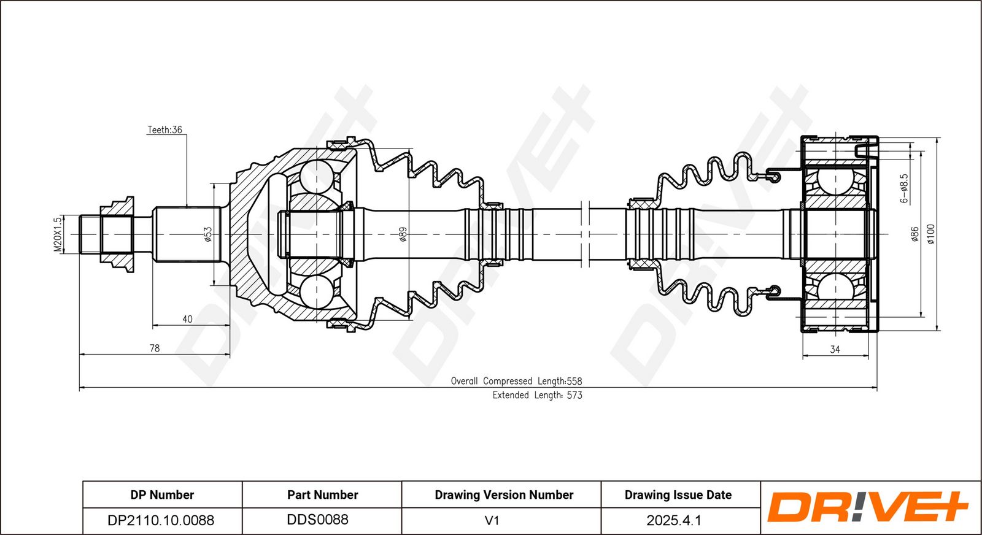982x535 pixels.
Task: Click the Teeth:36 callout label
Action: point(164,129)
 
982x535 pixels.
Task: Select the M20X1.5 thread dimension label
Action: point(58,234)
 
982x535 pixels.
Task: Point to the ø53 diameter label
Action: point(208,234)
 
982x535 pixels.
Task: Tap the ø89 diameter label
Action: point(403,234)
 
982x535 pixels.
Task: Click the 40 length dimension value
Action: point(187,319)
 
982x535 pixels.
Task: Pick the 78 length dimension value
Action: point(155,348)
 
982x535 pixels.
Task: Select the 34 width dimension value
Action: point(835,349)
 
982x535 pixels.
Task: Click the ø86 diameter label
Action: point(915,234)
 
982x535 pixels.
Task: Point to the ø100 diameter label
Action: point(930,234)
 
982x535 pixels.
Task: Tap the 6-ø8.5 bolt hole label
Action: point(904,188)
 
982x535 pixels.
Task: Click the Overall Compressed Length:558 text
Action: point(516,381)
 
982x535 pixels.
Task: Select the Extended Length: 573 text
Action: point(538,395)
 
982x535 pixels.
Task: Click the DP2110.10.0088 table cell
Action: point(161,520)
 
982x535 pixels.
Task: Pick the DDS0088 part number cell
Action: point(317,520)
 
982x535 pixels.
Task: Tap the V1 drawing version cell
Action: point(492,520)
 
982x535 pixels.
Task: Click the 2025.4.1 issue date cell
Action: point(674,520)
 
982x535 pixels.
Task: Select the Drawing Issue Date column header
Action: point(678,495)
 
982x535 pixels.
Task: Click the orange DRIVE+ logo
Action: point(868,507)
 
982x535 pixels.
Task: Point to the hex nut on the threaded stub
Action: point(117,234)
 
